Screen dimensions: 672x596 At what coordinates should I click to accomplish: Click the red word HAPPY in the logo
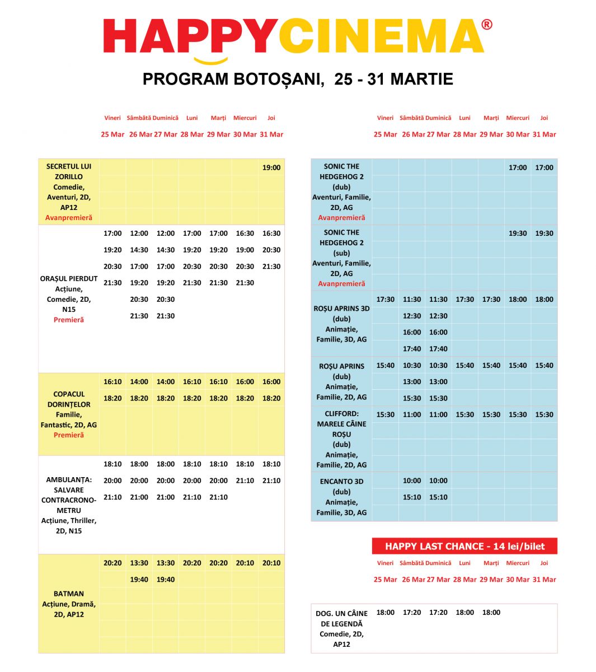click(x=190, y=36)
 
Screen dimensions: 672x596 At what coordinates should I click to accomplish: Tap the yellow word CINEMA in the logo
click(x=381, y=36)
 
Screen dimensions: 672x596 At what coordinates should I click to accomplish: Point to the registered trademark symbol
click(x=487, y=25)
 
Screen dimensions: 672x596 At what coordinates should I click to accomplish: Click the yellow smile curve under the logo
click(x=211, y=60)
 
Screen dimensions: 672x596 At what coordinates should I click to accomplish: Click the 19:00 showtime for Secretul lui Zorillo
click(x=271, y=167)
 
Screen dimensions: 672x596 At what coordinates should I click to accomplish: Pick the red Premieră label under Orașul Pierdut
click(x=69, y=320)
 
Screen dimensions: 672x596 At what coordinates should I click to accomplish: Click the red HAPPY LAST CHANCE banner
click(x=464, y=547)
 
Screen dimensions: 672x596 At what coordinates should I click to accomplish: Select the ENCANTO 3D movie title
click(x=341, y=482)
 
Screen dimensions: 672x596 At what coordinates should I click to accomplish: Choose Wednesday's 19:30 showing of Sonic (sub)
click(x=518, y=234)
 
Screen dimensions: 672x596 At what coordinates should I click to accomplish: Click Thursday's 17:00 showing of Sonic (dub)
click(x=544, y=167)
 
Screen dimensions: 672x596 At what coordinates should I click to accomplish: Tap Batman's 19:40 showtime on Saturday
click(x=139, y=580)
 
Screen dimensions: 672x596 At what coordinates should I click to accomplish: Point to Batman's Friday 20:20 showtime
click(x=112, y=563)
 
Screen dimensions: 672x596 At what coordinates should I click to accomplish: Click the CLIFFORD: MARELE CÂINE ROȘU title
click(x=341, y=424)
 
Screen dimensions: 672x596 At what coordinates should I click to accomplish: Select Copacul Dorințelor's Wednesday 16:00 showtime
click(x=245, y=382)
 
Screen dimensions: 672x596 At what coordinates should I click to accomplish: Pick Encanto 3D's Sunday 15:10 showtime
click(x=438, y=497)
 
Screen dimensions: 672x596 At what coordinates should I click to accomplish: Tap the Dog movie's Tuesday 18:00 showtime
click(x=491, y=613)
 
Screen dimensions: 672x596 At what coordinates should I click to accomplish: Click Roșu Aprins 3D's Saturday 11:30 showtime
click(x=412, y=300)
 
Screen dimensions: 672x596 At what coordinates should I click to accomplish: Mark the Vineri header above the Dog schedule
click(x=385, y=563)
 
